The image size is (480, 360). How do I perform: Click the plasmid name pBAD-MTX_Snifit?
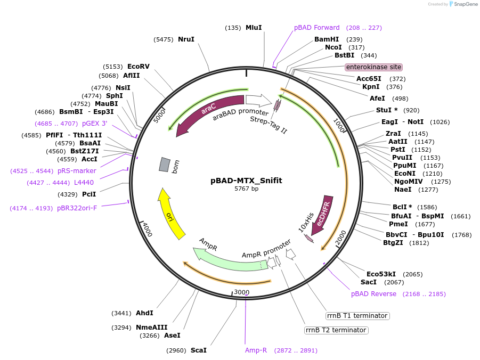[246, 181]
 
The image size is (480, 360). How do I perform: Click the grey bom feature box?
[165, 165]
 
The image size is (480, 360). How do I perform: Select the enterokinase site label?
[373, 67]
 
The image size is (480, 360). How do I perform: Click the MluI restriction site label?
[253, 28]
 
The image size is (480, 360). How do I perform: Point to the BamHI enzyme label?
[327, 39]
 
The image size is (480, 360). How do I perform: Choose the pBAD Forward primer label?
[316, 28]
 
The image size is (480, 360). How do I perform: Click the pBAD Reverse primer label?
[373, 294]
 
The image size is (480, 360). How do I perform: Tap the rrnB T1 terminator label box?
[357, 316]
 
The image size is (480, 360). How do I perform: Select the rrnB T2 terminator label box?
[336, 330]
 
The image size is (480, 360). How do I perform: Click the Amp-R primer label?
[256, 350]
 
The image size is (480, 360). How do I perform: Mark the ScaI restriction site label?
[198, 350]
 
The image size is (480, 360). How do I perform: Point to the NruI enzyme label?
[186, 39]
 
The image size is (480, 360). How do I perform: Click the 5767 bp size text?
[246, 189]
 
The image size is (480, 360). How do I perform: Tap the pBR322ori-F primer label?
[77, 208]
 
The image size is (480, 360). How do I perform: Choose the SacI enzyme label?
[369, 282]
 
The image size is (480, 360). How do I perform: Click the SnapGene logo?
[461, 4]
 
